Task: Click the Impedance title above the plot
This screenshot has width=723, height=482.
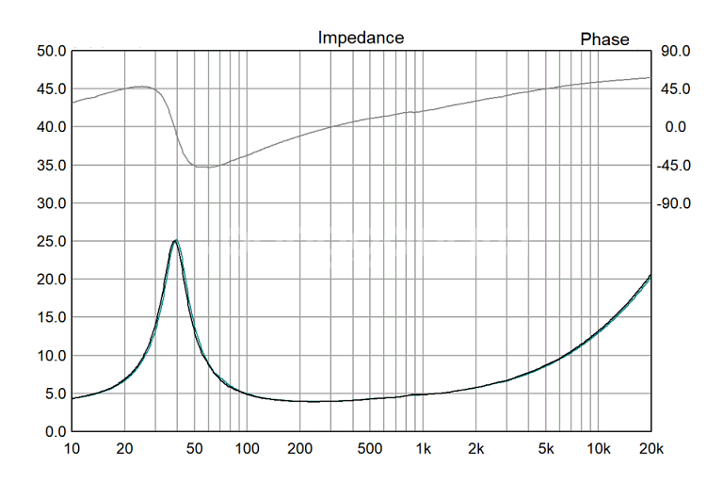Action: tap(361, 38)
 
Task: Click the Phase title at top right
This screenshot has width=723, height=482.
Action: tap(604, 39)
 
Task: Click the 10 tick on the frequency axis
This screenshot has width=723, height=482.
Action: tap(72, 448)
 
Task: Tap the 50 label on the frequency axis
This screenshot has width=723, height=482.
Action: tap(194, 448)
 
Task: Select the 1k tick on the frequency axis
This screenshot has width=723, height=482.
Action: tap(423, 448)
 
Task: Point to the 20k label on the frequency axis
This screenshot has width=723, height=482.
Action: tap(651, 448)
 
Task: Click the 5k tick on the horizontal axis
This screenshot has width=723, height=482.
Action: tap(545, 448)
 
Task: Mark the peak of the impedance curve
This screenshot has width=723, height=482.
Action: tap(175, 240)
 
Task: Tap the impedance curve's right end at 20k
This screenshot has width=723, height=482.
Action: tap(651, 276)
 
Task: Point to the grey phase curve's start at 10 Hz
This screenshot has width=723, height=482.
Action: tap(72, 102)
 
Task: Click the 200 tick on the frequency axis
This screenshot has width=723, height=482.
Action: tap(299, 448)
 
